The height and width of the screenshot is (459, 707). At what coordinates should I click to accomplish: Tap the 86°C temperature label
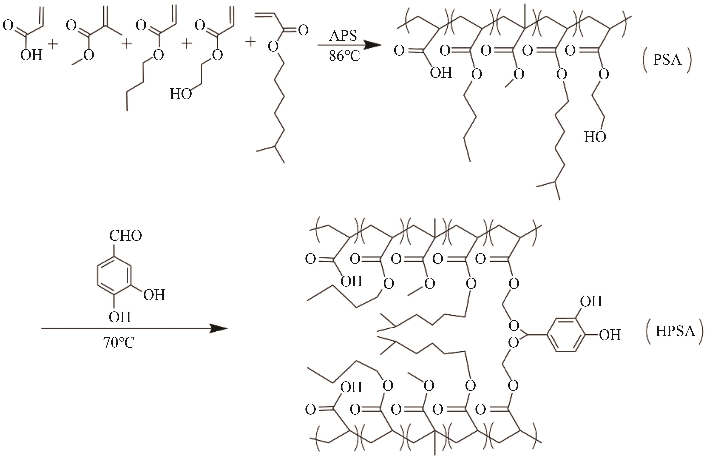coord(344,56)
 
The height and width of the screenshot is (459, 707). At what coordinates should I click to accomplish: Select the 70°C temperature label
coord(119,343)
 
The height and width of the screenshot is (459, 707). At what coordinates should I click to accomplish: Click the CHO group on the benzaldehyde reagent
coord(125,236)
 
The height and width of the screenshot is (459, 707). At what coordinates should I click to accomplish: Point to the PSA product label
coord(667,60)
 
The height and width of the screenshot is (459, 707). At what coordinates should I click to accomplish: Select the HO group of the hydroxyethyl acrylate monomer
coord(181,94)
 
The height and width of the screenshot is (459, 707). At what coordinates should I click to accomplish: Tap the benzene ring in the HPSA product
coord(566,335)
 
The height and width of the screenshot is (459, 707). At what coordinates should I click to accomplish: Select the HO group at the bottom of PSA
coord(595,137)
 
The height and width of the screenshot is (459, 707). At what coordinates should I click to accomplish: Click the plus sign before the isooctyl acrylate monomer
coord(250,42)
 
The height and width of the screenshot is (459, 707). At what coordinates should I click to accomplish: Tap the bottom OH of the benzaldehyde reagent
coord(120,317)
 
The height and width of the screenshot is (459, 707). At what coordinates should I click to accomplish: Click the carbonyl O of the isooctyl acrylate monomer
coord(303,30)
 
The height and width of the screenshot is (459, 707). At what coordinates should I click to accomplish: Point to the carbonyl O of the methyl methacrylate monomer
coord(71,26)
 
